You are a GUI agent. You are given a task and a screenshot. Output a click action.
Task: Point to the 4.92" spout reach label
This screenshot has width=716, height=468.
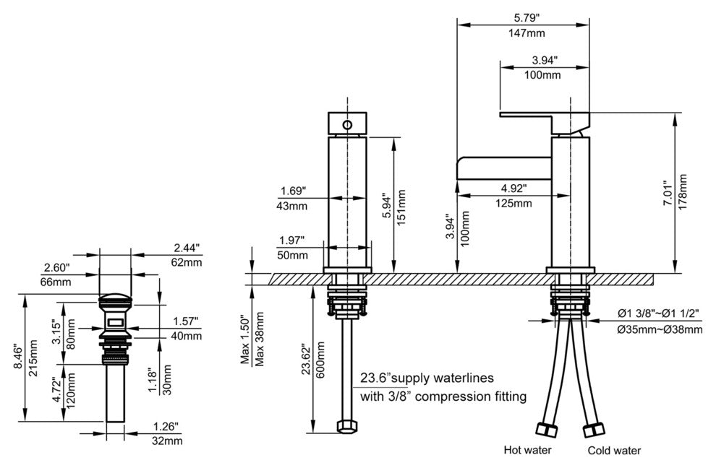(513, 188)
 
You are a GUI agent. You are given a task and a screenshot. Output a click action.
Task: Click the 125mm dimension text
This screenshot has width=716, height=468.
(513, 203)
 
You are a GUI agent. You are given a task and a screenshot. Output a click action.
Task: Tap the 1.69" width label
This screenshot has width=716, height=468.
(293, 191)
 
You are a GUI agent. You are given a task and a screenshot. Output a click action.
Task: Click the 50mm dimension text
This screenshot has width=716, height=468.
(293, 255)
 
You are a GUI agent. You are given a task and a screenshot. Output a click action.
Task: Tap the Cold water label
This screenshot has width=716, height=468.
(613, 451)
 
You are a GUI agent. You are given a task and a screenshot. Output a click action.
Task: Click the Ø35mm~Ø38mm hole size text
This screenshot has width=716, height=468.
(660, 330)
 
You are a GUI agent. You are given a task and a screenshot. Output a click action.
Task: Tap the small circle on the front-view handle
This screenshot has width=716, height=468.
(347, 126)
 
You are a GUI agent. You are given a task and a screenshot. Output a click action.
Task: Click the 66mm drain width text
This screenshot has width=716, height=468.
(58, 281)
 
